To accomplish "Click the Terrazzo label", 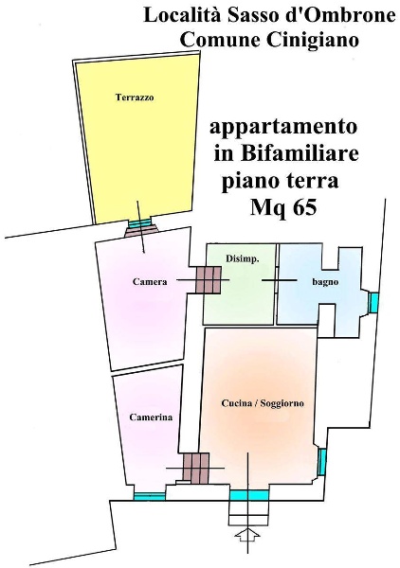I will (135, 98).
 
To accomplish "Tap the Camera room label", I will (150, 281).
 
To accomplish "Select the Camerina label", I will (150, 417).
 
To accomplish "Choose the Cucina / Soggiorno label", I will (263, 403).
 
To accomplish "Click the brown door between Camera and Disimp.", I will (209, 279).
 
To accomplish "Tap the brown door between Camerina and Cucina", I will (195, 467).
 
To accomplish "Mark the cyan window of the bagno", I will (373, 302).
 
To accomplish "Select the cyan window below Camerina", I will (149, 495).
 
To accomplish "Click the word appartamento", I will (283, 127).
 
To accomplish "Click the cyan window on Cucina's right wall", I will (322, 461).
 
